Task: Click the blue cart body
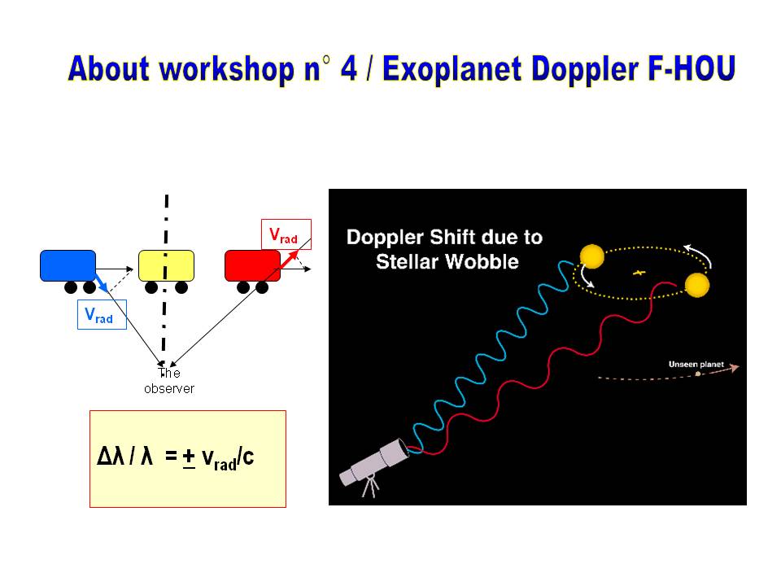click(68, 265)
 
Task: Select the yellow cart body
click(166, 265)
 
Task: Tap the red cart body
click(252, 265)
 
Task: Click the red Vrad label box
click(286, 234)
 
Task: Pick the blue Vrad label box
click(103, 314)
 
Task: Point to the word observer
click(169, 389)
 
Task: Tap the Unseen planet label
click(696, 365)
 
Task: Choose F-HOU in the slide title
click(692, 68)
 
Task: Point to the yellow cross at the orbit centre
click(639, 273)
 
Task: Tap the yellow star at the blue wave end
click(592, 256)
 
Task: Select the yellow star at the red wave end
click(697, 285)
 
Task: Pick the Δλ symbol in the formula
click(110, 456)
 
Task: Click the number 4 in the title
click(349, 68)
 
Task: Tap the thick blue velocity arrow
click(101, 282)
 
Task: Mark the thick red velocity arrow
click(288, 260)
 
